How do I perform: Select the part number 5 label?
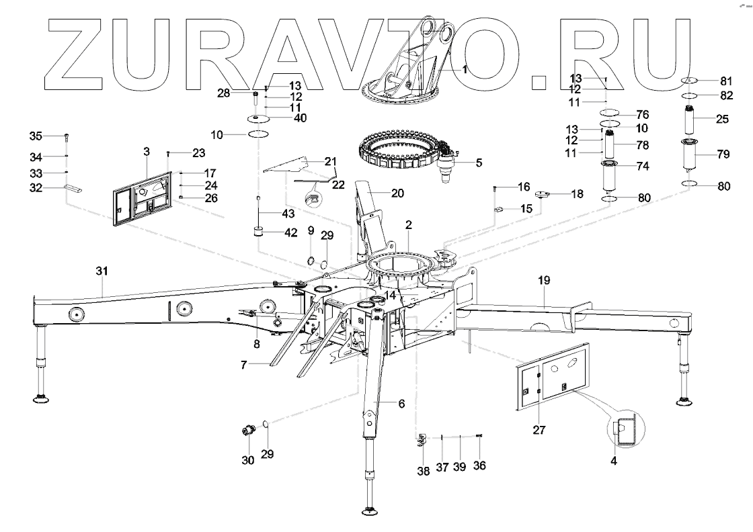[479, 162]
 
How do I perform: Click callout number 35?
[36, 136]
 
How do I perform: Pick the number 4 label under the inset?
[614, 461]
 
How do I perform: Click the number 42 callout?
[290, 234]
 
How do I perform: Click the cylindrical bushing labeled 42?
[257, 233]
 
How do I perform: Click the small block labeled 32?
[74, 189]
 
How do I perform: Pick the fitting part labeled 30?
[249, 430]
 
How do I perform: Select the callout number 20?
[397, 193]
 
